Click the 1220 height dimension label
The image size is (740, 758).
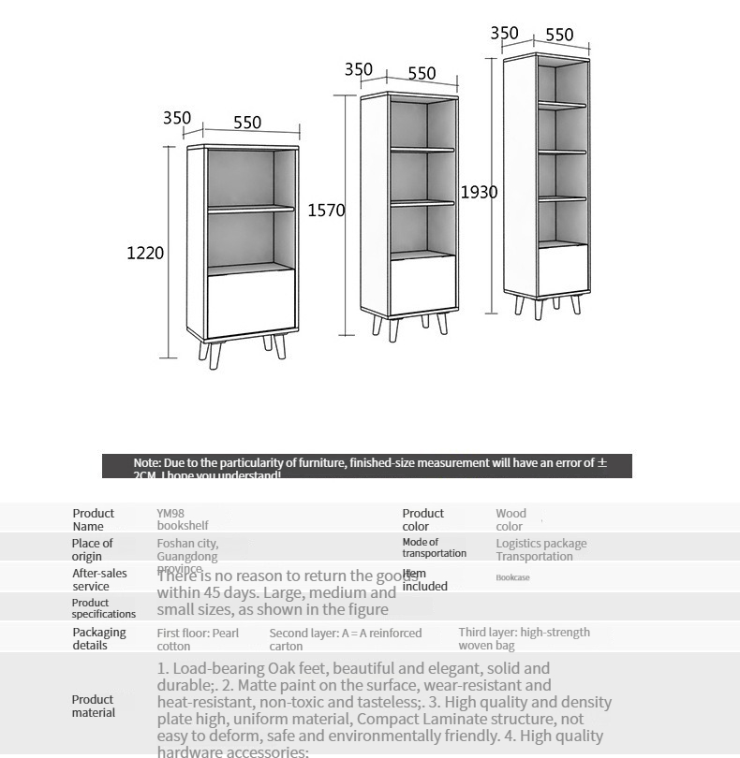tap(145, 253)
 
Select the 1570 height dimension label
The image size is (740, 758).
tap(326, 211)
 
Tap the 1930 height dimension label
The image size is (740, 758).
tap(479, 192)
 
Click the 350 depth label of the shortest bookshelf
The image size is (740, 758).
tap(177, 118)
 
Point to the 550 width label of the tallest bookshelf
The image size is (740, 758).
tap(559, 35)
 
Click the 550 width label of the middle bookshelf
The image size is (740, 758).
tap(422, 73)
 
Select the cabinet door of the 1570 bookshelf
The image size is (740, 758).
tap(422, 284)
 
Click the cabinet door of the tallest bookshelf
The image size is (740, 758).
tap(563, 269)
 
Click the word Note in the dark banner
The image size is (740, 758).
tap(146, 462)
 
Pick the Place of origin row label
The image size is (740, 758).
tap(92, 549)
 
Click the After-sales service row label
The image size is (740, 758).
tap(99, 579)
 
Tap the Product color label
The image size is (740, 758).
tap(422, 519)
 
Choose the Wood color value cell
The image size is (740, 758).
tap(511, 519)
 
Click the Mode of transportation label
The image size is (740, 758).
tap(434, 547)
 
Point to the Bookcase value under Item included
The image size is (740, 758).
tap(512, 577)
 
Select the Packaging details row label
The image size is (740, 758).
tap(98, 638)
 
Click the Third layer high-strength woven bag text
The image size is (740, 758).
tap(524, 638)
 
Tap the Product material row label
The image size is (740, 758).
tap(93, 706)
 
